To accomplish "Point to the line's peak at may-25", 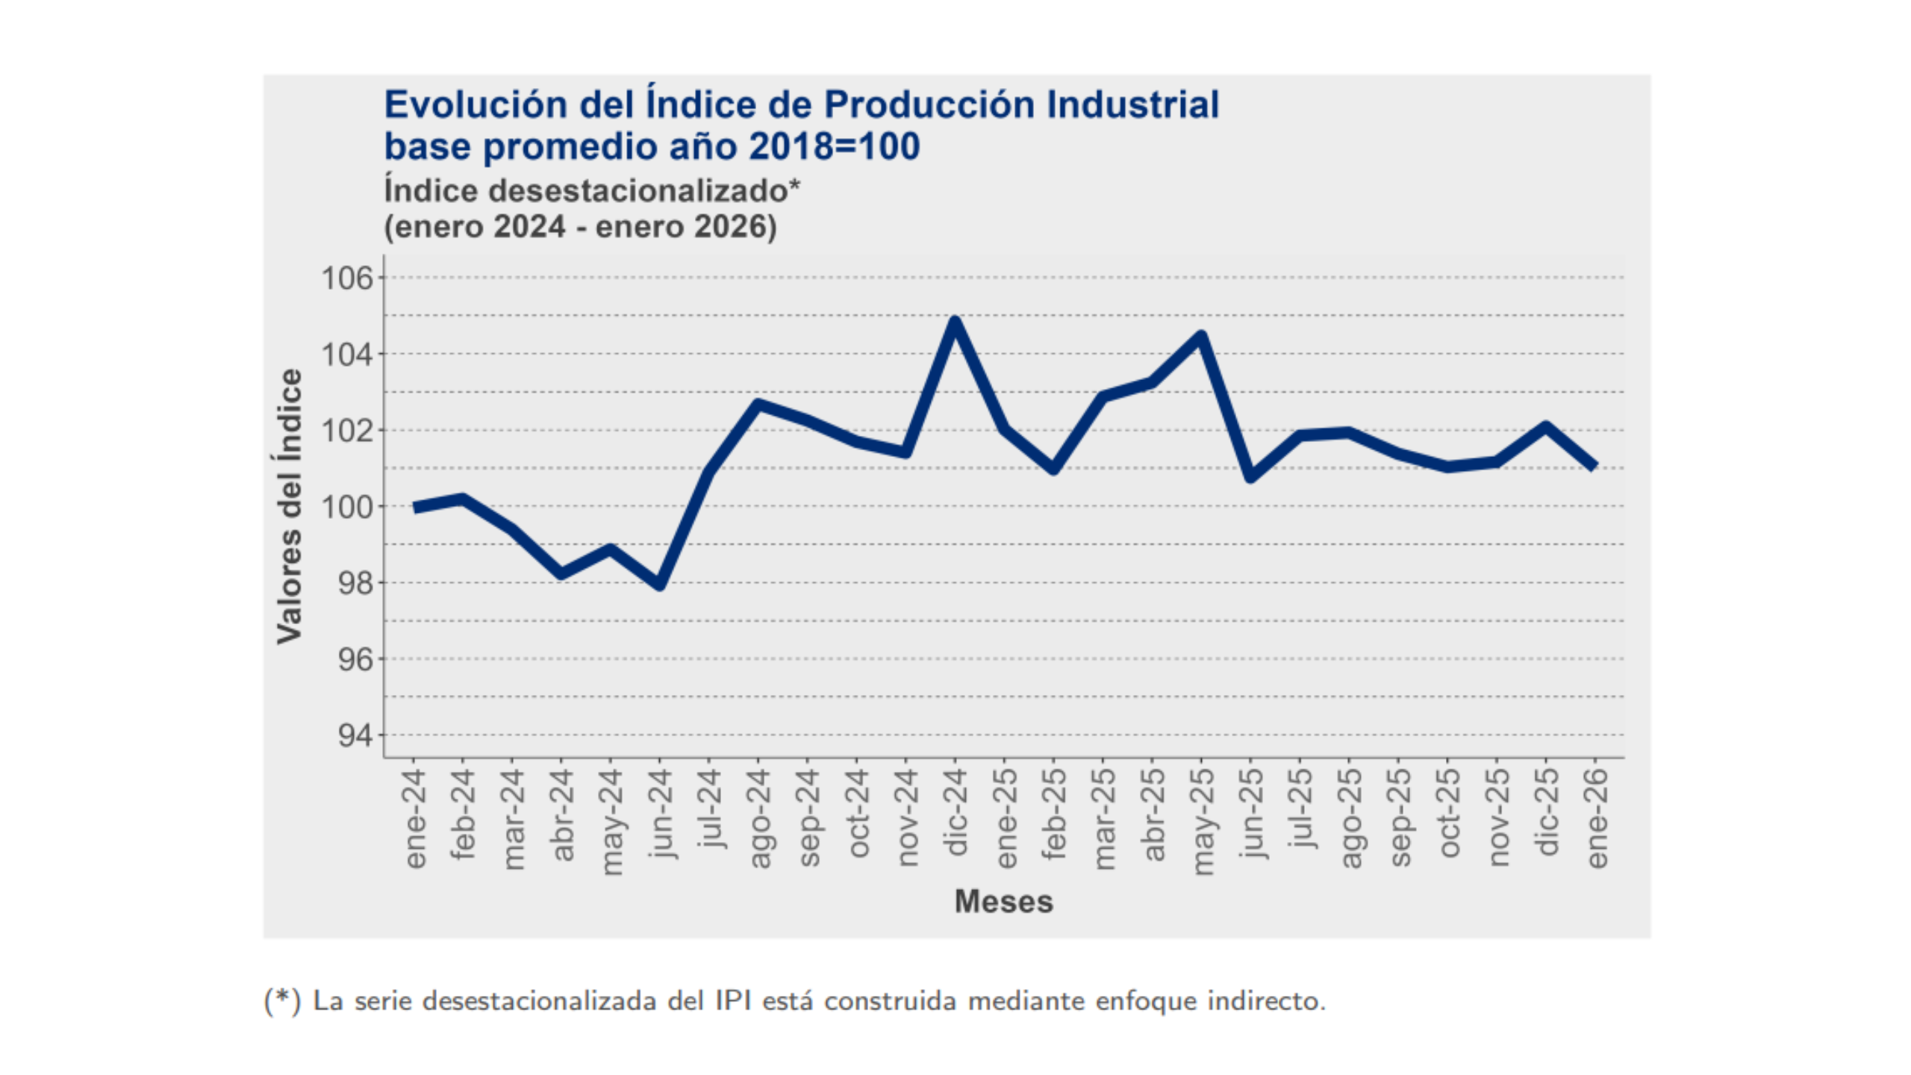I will click(x=1200, y=337).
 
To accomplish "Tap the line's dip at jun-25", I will click(x=1250, y=476).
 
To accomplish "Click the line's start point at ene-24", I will click(x=414, y=508).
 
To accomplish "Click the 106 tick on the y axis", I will click(x=346, y=278).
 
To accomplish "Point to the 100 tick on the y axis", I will click(x=346, y=507).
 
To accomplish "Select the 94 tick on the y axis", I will click(x=355, y=735).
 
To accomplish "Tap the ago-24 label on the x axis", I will click(x=759, y=818).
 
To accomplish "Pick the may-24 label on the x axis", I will click(x=611, y=821).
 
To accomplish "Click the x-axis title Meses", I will click(x=1003, y=902).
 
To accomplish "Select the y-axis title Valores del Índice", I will click(x=290, y=506).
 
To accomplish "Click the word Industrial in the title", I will click(x=1132, y=105).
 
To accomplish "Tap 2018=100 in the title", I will click(x=834, y=146).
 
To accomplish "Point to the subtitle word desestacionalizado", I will click(x=638, y=191).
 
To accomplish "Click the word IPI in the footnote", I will click(x=732, y=1001).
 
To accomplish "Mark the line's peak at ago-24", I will click(x=758, y=405).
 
